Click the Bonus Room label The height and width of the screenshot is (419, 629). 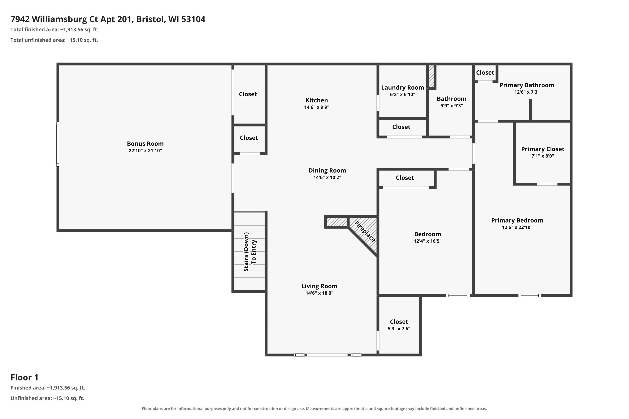point(145,144)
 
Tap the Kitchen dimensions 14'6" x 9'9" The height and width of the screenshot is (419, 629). point(317,107)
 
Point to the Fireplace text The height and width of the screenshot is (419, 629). point(365,232)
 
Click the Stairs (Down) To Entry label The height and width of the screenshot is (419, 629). point(250,252)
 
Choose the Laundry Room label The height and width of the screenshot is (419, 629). point(403,87)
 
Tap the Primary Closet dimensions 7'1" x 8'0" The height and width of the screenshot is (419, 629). point(543,156)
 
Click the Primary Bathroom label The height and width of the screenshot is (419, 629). point(527,85)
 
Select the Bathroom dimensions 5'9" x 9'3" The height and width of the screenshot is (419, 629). point(452,106)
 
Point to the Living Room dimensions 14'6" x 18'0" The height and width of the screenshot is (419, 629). point(319,293)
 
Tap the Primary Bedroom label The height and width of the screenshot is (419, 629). point(517,220)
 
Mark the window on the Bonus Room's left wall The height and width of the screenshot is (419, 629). point(58,144)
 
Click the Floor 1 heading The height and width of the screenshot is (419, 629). point(25,377)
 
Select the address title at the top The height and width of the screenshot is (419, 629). point(108,19)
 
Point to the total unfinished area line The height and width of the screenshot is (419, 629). point(54,40)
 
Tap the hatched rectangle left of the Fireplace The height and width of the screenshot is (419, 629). point(337,222)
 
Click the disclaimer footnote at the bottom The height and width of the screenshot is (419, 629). point(314,409)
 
